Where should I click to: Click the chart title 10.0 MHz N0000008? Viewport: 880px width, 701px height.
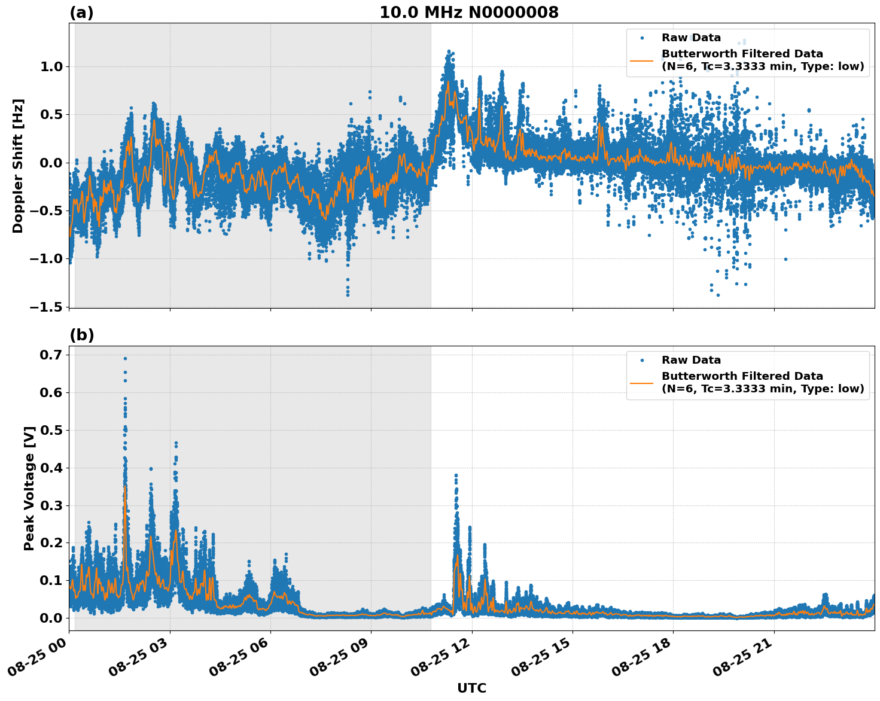pos(468,13)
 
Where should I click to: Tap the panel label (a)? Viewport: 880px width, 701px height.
pos(81,13)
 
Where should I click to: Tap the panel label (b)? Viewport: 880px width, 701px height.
pos(81,335)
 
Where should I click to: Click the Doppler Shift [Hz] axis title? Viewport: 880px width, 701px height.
pos(18,166)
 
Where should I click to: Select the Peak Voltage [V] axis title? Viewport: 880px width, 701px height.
pos(29,488)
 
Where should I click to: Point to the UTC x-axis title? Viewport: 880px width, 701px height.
pos(471,688)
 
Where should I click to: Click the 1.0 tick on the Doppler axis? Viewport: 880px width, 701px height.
pos(51,66)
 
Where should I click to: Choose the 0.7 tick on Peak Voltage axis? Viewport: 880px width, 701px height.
pos(51,355)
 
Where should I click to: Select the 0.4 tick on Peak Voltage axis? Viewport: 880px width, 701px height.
pos(51,468)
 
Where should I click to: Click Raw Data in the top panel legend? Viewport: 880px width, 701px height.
pos(691,38)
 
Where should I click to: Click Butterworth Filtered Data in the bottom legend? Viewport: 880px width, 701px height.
pos(742,376)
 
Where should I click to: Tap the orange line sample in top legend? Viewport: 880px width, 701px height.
pos(643,60)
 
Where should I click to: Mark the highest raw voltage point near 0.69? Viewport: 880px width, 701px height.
pos(125,358)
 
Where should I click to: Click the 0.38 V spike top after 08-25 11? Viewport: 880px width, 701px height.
pos(456,476)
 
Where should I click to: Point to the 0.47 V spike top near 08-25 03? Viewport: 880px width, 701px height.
pos(176,443)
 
